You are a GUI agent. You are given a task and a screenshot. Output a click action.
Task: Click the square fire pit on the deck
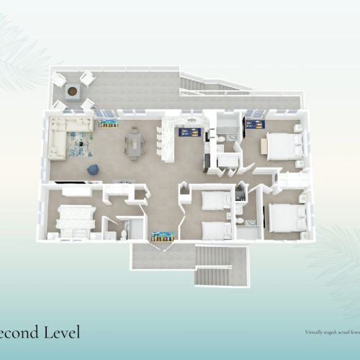73,91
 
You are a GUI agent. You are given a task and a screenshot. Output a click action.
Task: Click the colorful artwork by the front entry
161,235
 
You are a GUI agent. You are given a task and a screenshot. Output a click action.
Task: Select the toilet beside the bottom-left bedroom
123,232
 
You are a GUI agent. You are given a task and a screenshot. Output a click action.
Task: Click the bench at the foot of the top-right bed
265,146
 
